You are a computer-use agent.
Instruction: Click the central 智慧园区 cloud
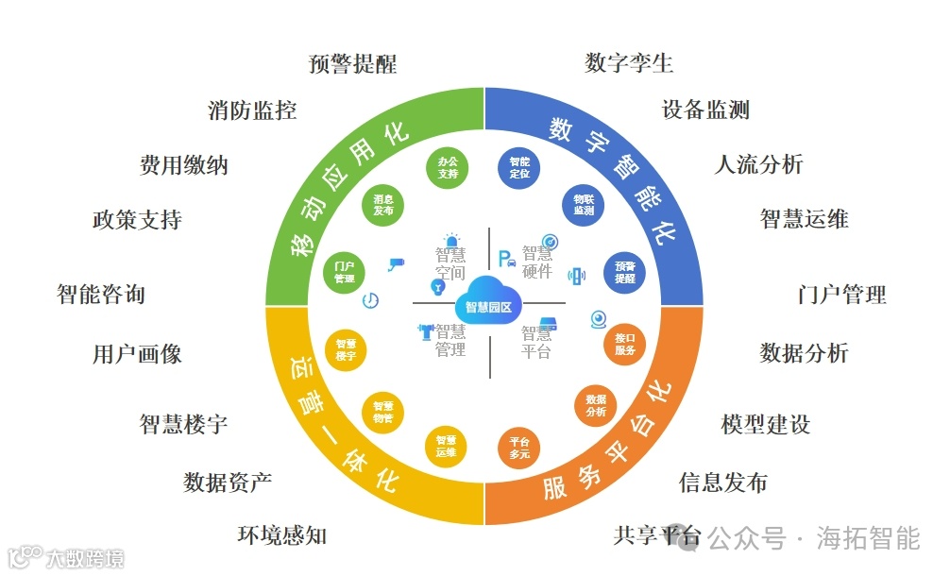pos(488,304)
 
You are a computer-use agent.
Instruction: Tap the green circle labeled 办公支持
pos(448,167)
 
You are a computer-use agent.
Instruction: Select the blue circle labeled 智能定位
pos(519,167)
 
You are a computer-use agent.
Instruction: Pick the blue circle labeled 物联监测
pos(584,205)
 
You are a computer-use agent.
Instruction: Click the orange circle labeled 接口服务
pos(625,344)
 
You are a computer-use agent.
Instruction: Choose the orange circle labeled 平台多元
pos(519,447)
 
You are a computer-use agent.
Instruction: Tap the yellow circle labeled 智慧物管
pos(382,412)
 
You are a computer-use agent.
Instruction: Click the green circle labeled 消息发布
pos(382,205)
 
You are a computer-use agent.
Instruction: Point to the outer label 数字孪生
pos(629,63)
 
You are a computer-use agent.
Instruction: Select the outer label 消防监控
pos(252,110)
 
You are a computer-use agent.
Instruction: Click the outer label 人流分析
pos(758,164)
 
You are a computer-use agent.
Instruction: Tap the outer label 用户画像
pos(137,354)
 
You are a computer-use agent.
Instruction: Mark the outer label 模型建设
pos(765,424)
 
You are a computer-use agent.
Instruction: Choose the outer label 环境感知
pos(281,535)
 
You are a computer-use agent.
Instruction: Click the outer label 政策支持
pos(137,220)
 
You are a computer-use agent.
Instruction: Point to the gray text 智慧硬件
pos(537,262)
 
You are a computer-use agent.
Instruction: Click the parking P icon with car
pos(507,258)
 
